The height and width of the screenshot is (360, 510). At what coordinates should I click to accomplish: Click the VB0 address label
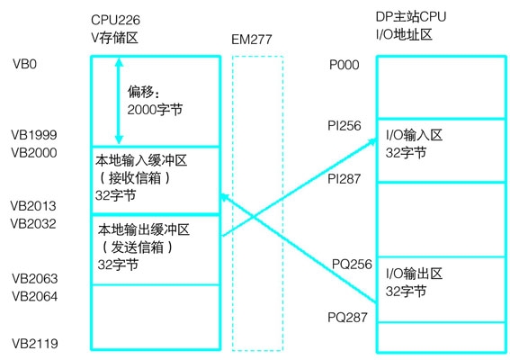pyautogui.click(x=24, y=64)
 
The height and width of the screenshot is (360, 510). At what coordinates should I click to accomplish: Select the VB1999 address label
pyautogui.click(x=34, y=135)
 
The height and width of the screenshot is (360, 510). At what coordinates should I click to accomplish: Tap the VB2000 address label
pyautogui.click(x=34, y=153)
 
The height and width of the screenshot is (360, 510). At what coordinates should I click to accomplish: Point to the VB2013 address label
pyautogui.click(x=33, y=206)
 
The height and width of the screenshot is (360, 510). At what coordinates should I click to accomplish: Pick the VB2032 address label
pyautogui.click(x=33, y=223)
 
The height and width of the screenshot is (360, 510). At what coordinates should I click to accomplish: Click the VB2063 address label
pyautogui.click(x=35, y=279)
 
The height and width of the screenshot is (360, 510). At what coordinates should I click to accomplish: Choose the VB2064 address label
pyautogui.click(x=35, y=296)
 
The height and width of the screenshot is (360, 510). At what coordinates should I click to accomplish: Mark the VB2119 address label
pyautogui.click(x=35, y=344)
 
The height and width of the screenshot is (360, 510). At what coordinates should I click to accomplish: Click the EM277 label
pyautogui.click(x=252, y=40)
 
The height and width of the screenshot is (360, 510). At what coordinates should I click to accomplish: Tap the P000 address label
pyautogui.click(x=344, y=65)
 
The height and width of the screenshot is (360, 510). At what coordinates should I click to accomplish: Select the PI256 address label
pyautogui.click(x=344, y=126)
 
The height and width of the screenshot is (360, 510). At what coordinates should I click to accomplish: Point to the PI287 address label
pyautogui.click(x=344, y=179)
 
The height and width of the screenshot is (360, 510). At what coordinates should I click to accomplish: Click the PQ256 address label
pyautogui.click(x=352, y=264)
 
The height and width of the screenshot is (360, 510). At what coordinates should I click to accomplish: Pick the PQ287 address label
pyautogui.click(x=347, y=317)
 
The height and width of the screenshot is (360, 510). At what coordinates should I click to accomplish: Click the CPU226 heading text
pyautogui.click(x=115, y=20)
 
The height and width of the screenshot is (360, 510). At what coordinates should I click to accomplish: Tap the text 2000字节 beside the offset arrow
pyautogui.click(x=155, y=110)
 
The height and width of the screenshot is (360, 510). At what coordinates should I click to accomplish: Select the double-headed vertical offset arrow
pyautogui.click(x=119, y=101)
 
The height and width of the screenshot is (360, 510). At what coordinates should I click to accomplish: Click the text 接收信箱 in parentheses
pyautogui.click(x=135, y=177)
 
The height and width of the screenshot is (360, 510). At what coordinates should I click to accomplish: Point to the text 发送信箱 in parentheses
pyautogui.click(x=138, y=247)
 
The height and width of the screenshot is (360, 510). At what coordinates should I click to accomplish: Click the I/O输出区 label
pyautogui.click(x=414, y=274)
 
